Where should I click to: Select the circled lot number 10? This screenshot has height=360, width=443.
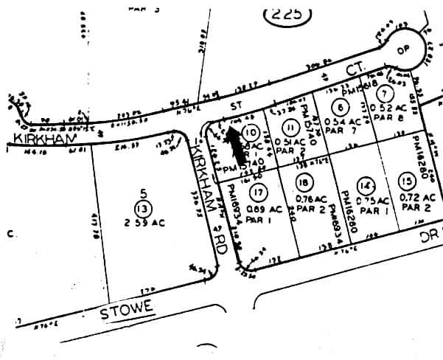251,133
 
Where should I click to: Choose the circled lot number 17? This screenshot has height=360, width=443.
257,193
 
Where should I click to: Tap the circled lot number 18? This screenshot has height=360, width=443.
303,183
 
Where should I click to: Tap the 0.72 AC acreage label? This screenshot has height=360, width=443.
410,198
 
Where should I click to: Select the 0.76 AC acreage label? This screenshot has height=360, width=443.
309,198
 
